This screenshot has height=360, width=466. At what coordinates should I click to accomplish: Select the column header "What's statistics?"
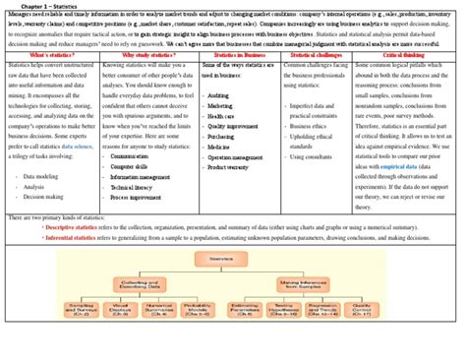tap(49, 55)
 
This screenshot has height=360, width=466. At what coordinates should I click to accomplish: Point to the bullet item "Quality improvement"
tap(235, 125)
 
